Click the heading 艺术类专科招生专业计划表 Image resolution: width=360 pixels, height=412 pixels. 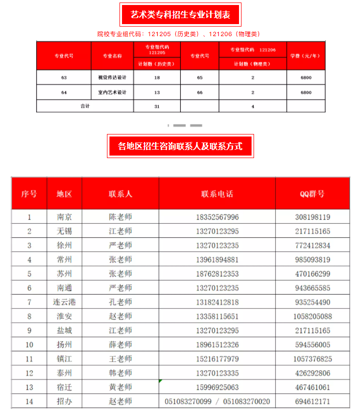point(180,15)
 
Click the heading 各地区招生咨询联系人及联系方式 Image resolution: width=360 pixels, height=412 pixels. point(180,146)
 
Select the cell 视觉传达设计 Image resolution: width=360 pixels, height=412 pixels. point(112,78)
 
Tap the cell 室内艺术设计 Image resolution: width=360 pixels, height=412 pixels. point(112,92)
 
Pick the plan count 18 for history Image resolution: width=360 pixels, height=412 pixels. point(157,78)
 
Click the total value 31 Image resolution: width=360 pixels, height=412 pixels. point(157,106)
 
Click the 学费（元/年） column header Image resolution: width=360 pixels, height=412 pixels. point(305,56)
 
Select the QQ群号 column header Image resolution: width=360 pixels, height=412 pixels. point(312,194)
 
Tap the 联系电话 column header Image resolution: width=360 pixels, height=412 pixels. point(217,194)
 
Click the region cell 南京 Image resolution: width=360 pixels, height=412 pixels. point(64,217)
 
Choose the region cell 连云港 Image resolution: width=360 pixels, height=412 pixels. point(64,302)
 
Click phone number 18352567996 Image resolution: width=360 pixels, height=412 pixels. point(217,217)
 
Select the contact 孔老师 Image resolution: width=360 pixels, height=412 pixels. point(121,302)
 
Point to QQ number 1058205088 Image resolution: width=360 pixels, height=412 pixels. point(312,316)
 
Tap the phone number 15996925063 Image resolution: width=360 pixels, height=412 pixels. point(217,387)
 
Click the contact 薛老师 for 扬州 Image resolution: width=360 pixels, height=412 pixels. point(121,345)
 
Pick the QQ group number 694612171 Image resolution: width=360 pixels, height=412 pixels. point(312,401)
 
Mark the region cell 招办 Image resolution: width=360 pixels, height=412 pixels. point(64,401)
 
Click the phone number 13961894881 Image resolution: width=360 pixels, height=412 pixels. point(217,259)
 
